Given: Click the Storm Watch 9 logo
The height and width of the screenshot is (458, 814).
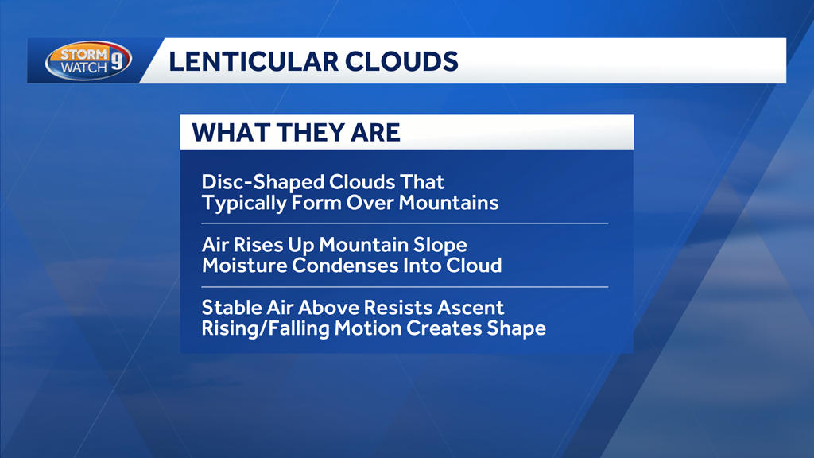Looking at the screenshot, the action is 88,60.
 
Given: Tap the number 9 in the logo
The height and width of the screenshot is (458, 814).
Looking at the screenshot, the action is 118,60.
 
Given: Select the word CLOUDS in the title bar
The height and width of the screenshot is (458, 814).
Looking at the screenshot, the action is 401,61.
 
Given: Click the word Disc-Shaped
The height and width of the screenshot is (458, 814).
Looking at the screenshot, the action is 262,183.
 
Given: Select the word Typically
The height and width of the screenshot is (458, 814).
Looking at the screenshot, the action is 244,204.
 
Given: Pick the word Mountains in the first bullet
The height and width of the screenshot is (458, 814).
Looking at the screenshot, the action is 448,203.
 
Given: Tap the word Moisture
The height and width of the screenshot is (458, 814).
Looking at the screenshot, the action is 244,266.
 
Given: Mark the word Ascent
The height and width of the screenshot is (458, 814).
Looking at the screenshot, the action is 471,309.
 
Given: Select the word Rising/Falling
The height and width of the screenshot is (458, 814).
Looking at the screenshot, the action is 266,328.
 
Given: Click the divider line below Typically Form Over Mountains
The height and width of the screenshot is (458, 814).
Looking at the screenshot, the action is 405,223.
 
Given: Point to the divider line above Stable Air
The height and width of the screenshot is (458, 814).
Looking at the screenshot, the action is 405,286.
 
